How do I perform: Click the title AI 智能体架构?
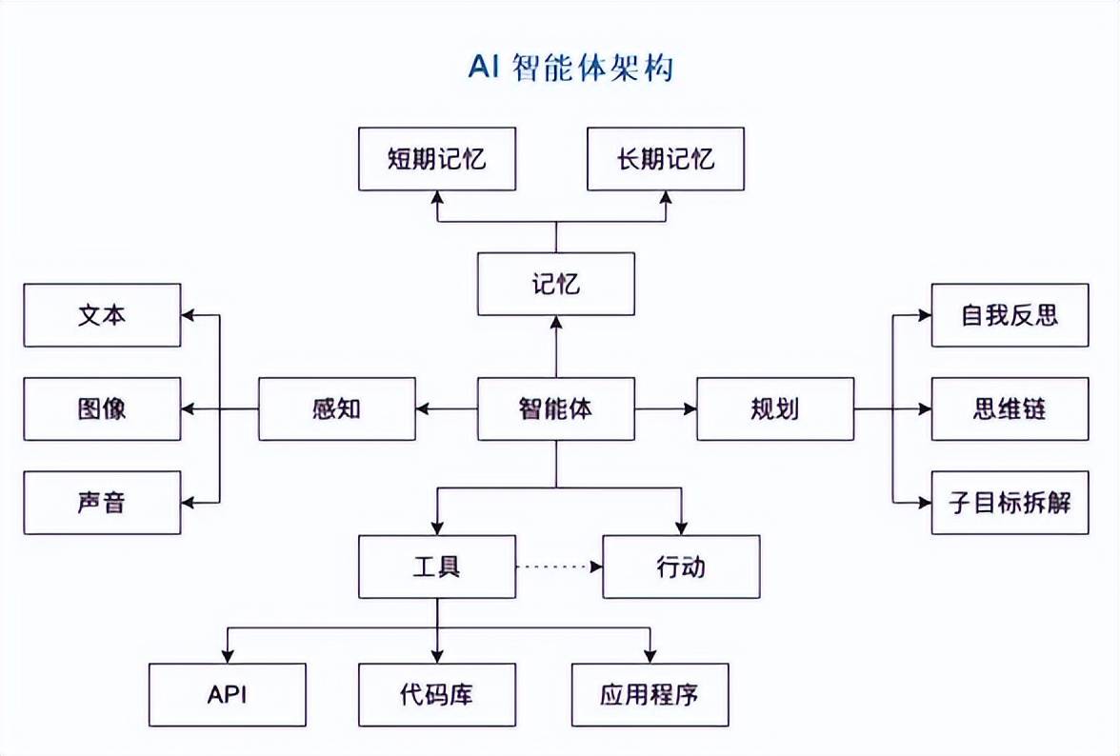570,68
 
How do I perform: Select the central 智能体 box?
555,409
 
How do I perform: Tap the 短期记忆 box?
437,158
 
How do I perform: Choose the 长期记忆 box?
666,158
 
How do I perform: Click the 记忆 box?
555,284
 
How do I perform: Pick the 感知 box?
337,409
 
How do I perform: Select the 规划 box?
775,409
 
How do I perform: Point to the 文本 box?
102,315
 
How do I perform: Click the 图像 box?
102,409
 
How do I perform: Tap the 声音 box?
102,502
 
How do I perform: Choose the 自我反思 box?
1010,315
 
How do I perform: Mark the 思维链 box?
1010,409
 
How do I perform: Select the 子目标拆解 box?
1010,502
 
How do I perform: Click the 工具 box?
437,567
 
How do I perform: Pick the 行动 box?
681,567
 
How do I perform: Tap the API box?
228,695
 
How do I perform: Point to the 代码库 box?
437,695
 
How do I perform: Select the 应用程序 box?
650,695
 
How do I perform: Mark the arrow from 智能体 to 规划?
666,409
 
